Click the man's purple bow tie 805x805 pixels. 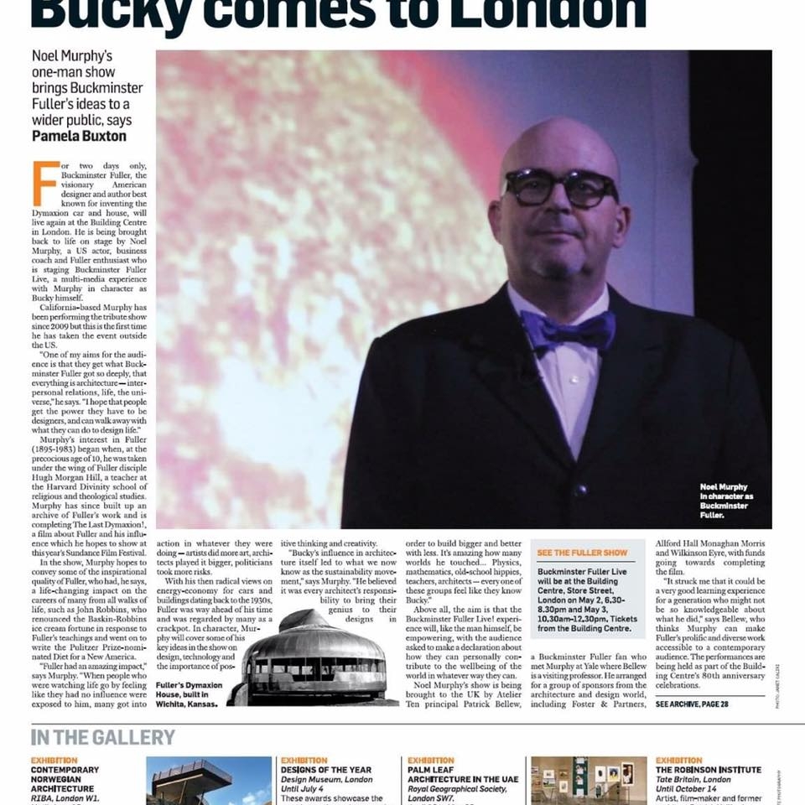pos(567,330)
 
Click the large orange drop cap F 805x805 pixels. pos(45,183)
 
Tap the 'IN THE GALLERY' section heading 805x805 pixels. pos(103,737)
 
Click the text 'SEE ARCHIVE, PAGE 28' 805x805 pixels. pos(692,704)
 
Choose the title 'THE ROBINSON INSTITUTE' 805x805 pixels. pos(709,770)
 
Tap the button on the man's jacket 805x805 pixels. pos(579,489)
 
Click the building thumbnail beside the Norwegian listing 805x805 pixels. pos(209,781)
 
